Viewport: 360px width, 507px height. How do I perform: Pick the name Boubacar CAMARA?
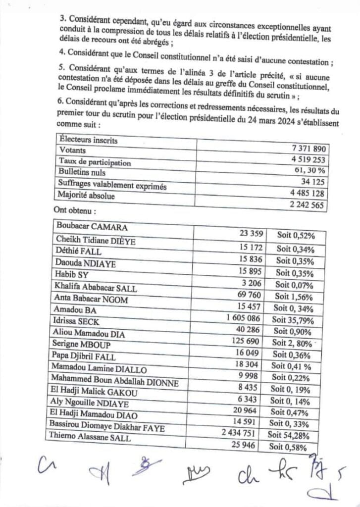click(92, 227)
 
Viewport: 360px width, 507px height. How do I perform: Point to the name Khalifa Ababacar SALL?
click(97, 289)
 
